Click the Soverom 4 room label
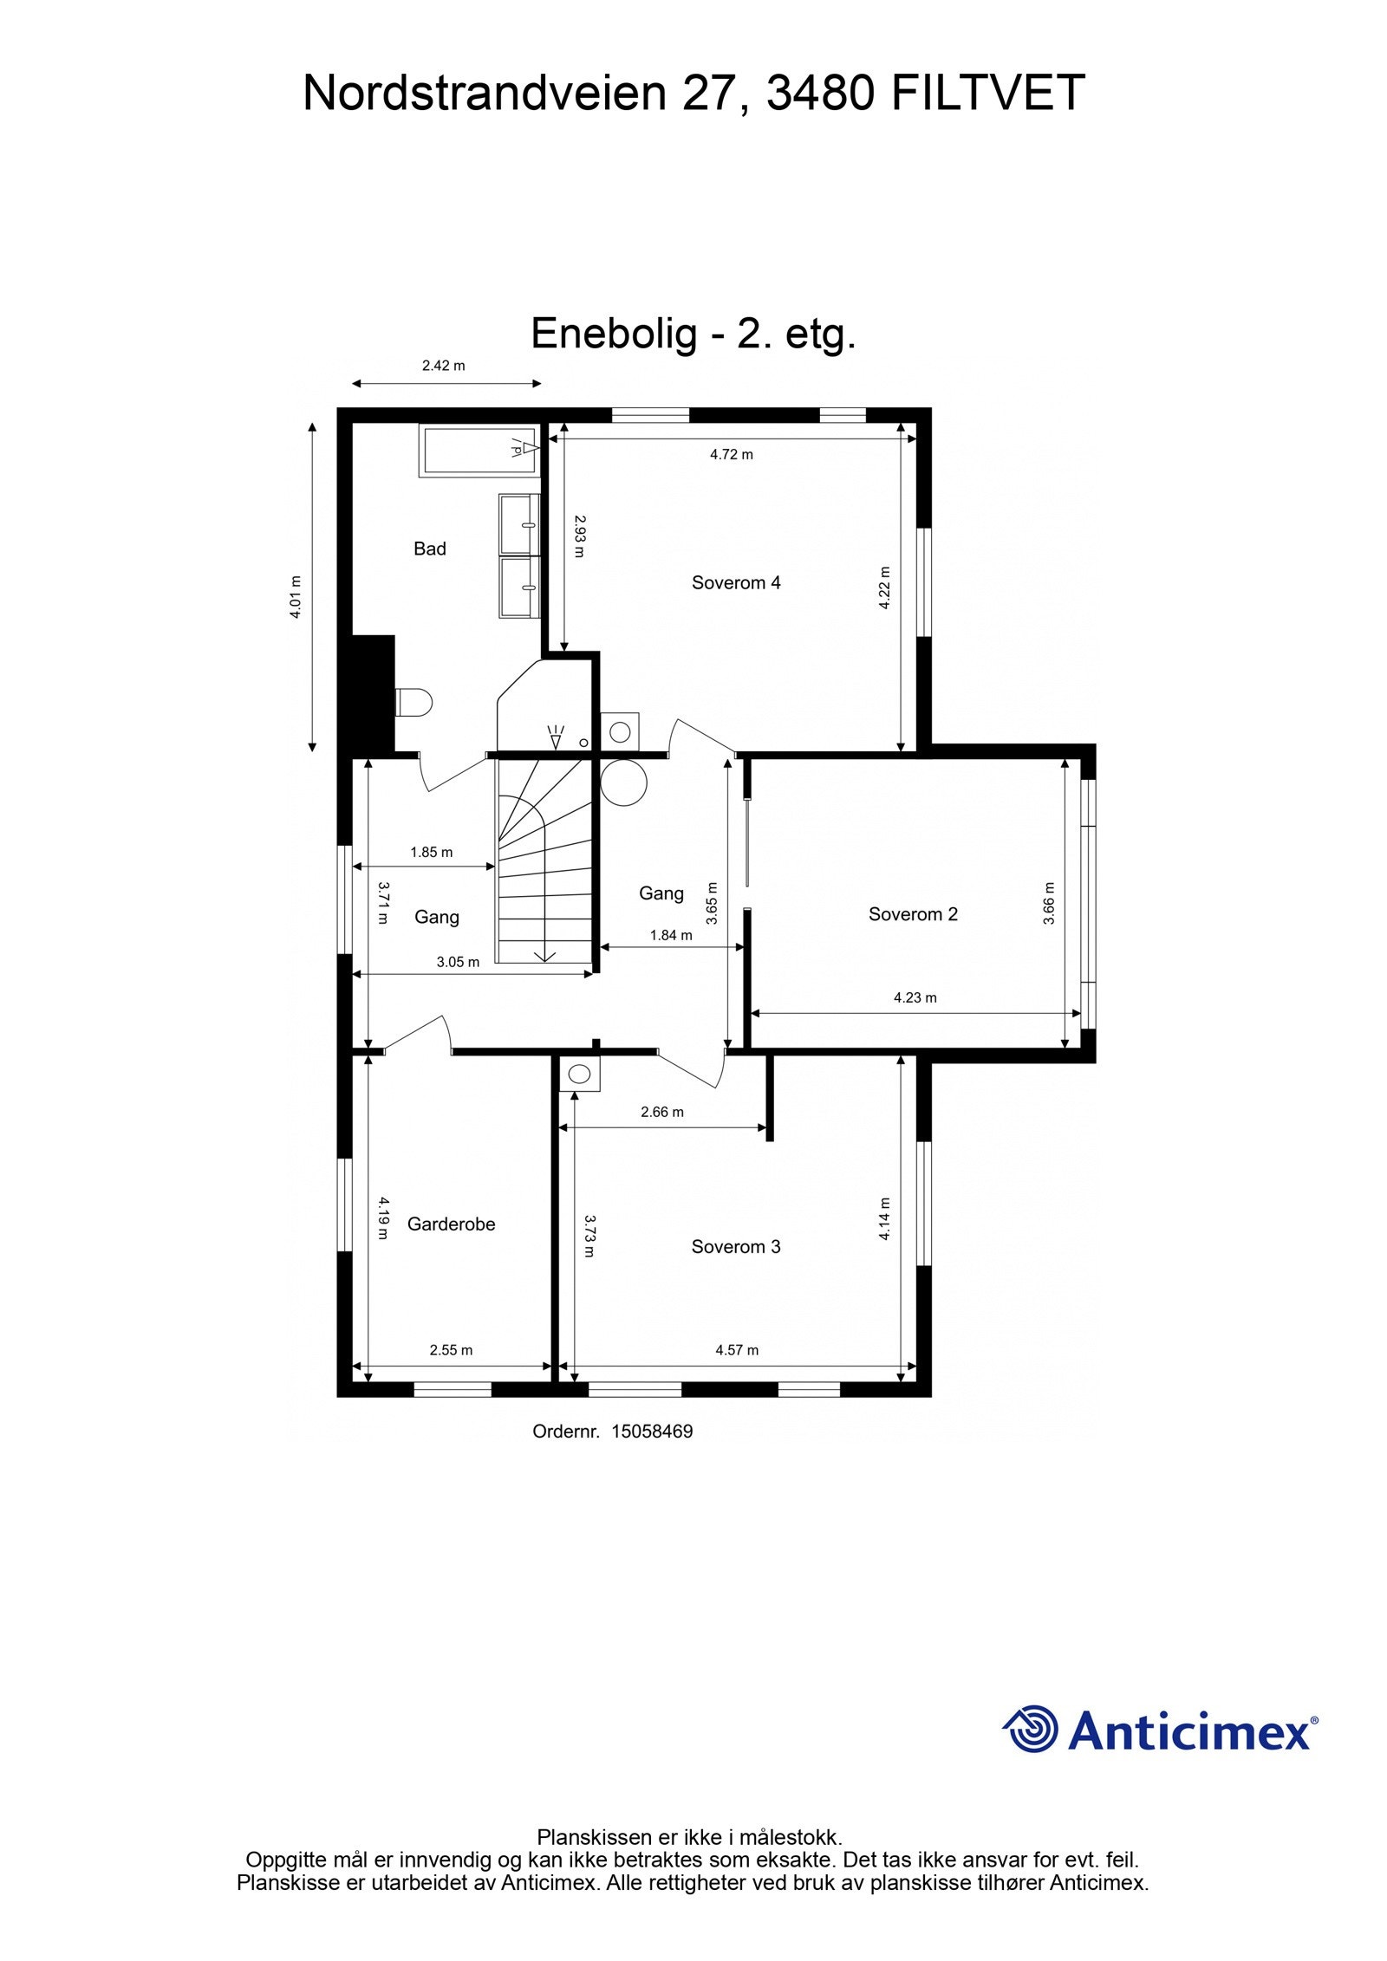pos(735,582)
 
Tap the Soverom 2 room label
pos(913,913)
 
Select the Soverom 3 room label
pos(735,1246)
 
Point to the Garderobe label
pos(451,1224)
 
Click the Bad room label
pos(429,549)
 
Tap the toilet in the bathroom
pos(413,702)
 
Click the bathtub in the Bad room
pos(478,449)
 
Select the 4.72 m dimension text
pos(731,454)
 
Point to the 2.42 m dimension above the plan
pos(443,366)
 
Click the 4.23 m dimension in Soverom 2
pos(915,997)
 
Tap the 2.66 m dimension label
pos(661,1112)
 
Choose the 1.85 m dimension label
pos(431,852)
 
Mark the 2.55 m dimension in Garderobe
pos(451,1349)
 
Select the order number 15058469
pos(652,1432)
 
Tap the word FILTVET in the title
pos(987,94)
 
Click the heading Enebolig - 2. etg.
pos(693,334)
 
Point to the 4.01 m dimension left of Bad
pos(296,596)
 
